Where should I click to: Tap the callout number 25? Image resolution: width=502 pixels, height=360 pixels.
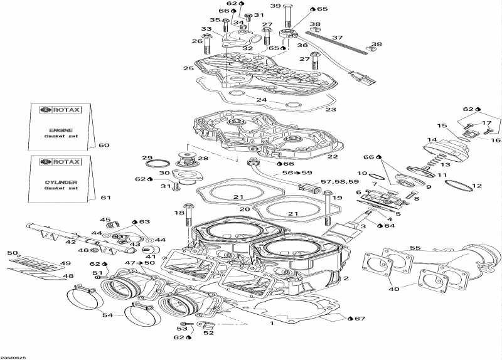(188, 68)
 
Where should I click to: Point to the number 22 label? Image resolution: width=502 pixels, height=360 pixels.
(333, 156)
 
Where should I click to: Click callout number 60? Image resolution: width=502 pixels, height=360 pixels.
(104, 146)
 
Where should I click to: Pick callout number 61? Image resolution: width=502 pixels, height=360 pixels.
(105, 198)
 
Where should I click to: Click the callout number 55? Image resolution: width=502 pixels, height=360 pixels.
(414, 248)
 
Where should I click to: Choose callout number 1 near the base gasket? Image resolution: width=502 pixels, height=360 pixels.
(271, 324)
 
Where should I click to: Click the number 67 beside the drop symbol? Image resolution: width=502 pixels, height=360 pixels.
(359, 319)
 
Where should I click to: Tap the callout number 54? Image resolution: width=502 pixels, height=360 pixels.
(109, 314)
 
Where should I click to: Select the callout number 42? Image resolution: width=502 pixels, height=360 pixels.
(71, 241)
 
